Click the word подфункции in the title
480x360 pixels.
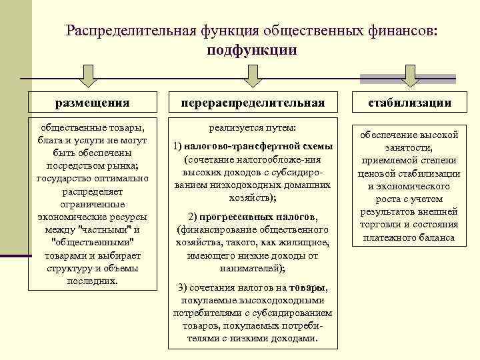pos(251,51)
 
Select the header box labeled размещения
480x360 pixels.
pos(93,102)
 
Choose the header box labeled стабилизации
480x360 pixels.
pos(410,102)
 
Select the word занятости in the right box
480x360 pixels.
pos(409,147)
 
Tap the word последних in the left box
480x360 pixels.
pos(91,281)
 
